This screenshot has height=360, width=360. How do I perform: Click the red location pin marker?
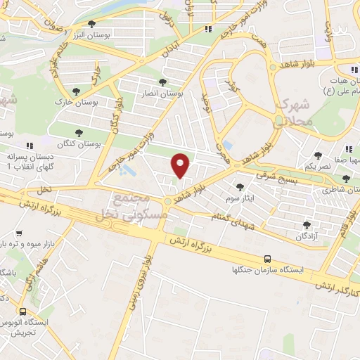point(181,165)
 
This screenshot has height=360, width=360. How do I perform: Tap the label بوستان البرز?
point(68,33)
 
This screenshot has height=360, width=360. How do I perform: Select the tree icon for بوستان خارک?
point(76,91)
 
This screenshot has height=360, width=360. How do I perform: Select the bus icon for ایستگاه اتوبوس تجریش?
point(23,311)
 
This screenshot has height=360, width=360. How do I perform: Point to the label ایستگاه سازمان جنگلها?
point(267,269)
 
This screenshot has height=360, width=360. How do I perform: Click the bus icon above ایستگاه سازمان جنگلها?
point(267,259)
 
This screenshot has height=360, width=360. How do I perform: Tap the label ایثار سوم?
point(241,198)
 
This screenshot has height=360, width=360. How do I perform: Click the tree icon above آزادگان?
point(306,225)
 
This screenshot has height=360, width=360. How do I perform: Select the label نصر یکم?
point(317,166)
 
